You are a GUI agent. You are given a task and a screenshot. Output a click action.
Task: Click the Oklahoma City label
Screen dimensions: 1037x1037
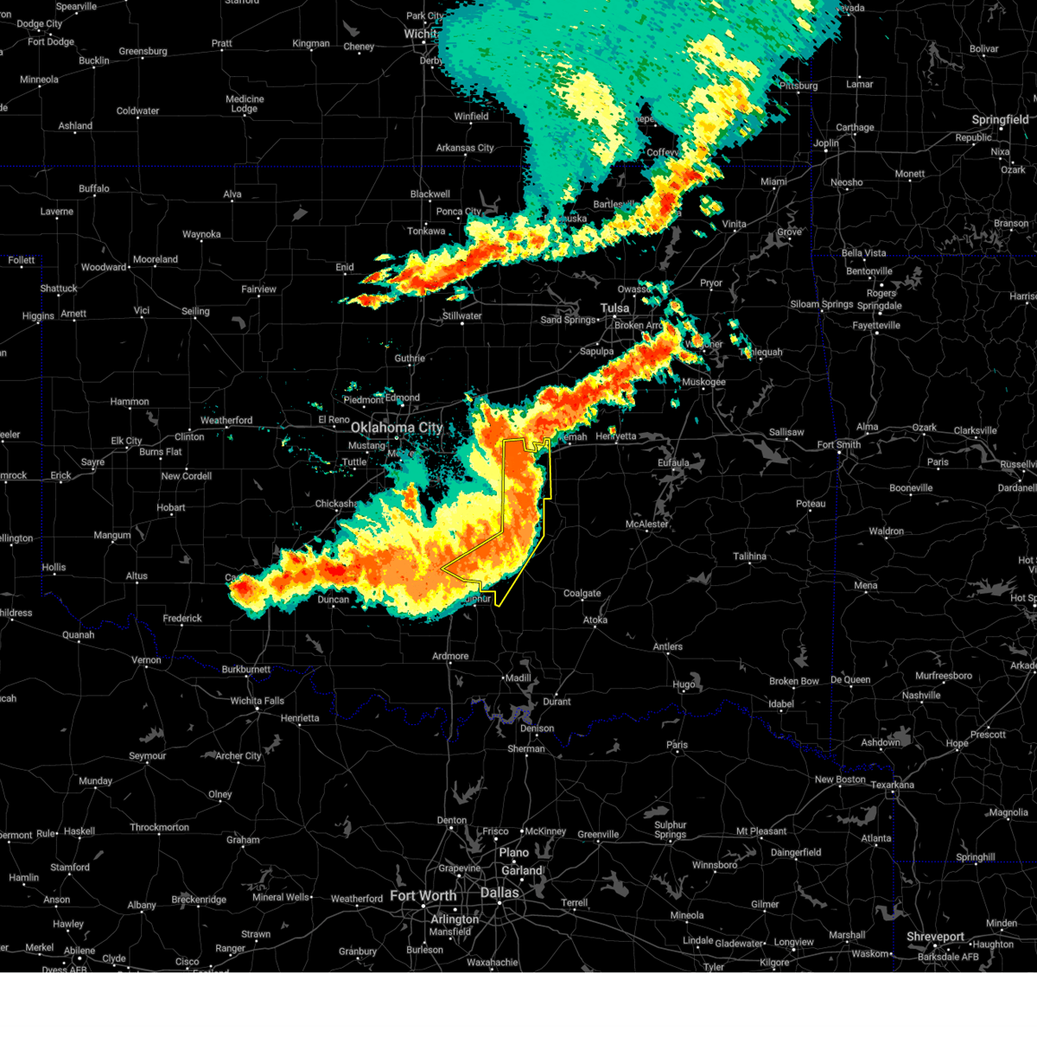coord(396,428)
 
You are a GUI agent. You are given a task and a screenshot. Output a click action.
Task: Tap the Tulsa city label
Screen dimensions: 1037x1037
coord(615,309)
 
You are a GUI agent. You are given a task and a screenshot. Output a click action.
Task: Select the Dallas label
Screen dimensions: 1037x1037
coord(499,893)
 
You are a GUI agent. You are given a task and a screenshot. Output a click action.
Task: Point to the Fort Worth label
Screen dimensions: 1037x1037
coord(423,896)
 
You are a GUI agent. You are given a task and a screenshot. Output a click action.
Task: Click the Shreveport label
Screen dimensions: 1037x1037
coord(935,937)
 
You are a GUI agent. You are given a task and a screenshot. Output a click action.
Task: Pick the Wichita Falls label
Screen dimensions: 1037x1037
coord(257,701)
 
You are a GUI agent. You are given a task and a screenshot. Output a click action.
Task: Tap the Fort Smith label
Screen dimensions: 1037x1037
coord(838,445)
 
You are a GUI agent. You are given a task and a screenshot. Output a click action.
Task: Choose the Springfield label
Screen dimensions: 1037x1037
coord(1000,120)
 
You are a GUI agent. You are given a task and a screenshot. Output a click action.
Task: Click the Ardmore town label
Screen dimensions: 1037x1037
coord(450,656)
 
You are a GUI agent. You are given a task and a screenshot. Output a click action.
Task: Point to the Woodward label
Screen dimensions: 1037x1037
coord(104,267)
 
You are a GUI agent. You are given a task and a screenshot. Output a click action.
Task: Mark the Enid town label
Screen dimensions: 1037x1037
coord(345,267)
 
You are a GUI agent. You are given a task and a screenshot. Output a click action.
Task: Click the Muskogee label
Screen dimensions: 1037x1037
coord(703,382)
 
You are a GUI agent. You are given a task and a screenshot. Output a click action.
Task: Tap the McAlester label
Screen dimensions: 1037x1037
coord(646,525)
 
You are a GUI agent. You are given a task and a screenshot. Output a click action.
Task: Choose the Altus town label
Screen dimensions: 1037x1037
coord(137,576)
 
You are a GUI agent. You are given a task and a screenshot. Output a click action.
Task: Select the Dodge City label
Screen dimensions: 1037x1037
coord(40,24)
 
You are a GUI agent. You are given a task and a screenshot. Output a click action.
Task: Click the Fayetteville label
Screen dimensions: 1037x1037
coord(876,326)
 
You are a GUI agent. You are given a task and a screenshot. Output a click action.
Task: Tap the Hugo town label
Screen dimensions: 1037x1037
coord(684,684)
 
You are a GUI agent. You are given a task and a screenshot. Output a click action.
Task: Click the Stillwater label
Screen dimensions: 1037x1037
coord(461,316)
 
